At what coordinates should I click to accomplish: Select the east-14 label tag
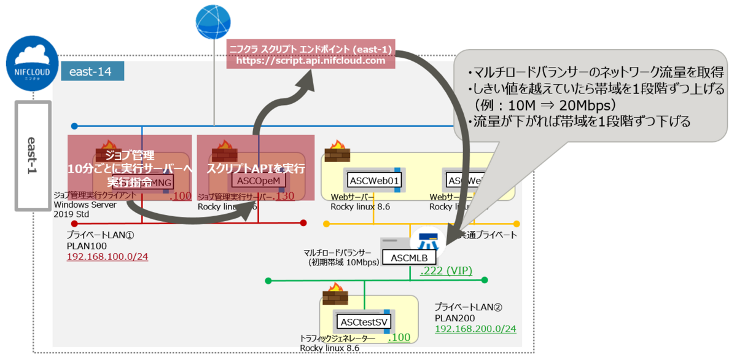tap(92, 71)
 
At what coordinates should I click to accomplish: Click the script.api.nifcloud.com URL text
tap(311, 61)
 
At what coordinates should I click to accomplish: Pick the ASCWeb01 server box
tap(374, 181)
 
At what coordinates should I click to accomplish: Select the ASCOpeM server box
tap(259, 181)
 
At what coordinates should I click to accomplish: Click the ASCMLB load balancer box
tap(409, 257)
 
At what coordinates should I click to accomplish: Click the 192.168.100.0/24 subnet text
tap(107, 256)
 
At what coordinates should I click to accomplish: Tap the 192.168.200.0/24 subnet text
tap(475, 329)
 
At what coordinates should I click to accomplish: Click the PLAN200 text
tap(453, 318)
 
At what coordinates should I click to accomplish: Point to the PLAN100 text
tap(84, 245)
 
